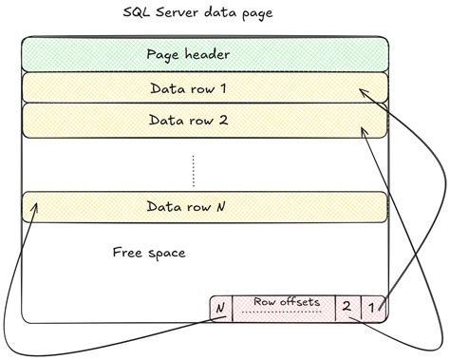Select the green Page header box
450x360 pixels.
203,54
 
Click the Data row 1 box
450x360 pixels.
203,87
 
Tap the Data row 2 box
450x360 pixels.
203,121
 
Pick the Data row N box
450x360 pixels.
203,206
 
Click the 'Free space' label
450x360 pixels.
148,253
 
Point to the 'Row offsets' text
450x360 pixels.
287,302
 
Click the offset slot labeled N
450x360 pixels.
221,308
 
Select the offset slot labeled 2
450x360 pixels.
347,307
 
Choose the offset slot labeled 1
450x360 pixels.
373,307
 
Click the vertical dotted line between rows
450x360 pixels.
194,170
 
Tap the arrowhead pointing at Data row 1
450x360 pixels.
362,90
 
